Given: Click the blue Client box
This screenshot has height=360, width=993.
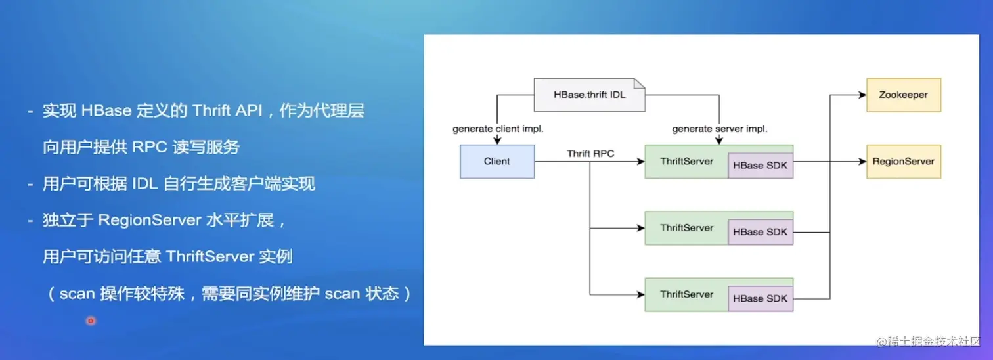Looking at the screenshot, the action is (x=497, y=162).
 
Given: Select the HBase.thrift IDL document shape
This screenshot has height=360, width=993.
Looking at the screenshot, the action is (x=590, y=95).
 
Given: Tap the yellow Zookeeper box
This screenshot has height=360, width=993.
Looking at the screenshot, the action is (x=904, y=95).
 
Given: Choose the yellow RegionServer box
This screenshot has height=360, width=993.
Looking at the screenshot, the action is (x=904, y=162).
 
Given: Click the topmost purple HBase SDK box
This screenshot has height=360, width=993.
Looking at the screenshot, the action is (x=761, y=166).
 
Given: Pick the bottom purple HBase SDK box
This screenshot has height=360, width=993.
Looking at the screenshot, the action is (x=761, y=298).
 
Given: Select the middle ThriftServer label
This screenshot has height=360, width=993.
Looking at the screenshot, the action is (x=687, y=228).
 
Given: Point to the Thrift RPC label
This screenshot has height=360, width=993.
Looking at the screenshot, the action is (x=590, y=154).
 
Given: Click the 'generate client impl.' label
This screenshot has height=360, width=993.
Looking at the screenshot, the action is (x=498, y=129).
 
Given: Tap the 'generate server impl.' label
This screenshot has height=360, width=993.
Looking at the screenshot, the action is (x=720, y=129).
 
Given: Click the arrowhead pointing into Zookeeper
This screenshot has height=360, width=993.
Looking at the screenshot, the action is (x=862, y=95).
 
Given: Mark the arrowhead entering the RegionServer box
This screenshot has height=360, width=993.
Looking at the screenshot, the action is (x=862, y=162).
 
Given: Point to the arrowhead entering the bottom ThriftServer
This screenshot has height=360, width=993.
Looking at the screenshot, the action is (x=640, y=294).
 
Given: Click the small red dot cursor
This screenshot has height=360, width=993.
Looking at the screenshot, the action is (x=91, y=321).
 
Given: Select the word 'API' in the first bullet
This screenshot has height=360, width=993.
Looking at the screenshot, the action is (x=249, y=110).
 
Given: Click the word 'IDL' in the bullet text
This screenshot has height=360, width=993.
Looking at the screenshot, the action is (x=145, y=183).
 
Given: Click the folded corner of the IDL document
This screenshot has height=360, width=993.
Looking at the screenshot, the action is (x=640, y=83).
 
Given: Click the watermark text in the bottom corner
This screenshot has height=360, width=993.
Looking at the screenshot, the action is (x=928, y=342).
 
